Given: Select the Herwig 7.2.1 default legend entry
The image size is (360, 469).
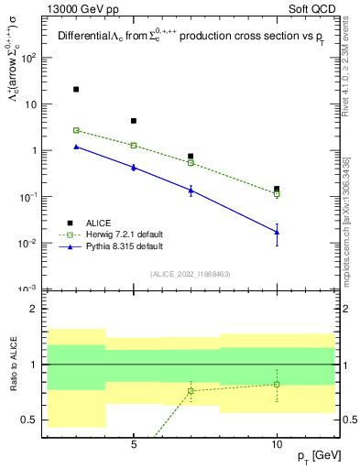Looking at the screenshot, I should pos(110,234).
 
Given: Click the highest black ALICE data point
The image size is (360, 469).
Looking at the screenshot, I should pos(76,90).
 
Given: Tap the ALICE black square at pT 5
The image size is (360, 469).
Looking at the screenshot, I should pos(134,121).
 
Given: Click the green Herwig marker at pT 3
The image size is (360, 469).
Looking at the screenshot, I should pos(76,130).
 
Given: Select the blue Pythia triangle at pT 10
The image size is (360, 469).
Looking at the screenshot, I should pos(277,232).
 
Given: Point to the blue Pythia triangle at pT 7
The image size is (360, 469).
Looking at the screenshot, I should pos(191,190).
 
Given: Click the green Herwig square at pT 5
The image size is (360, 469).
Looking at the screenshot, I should pos(134,145).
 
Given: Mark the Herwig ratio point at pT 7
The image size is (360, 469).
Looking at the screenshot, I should pos(191,391).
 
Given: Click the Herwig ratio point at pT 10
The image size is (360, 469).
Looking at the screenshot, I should pos(277,384).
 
